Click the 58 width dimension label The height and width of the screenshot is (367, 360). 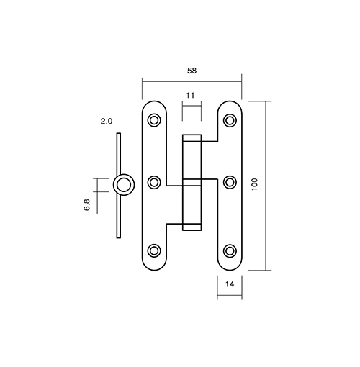click(192, 71)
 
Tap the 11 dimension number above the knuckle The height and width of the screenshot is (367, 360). click(190, 96)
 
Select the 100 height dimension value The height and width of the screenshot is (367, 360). click(255, 184)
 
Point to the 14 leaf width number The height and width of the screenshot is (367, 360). click(230, 284)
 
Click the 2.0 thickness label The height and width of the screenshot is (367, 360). click(107, 122)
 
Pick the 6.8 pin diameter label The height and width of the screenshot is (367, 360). click(86, 205)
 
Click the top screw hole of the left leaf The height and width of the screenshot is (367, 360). click(154, 120)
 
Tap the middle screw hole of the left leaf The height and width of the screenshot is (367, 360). click(154, 182)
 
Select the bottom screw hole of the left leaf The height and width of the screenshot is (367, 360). click(154, 250)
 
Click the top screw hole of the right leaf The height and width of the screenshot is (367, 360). click(230, 120)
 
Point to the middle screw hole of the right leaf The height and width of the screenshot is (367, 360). click(230, 182)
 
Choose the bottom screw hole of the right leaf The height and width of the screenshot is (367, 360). click(230, 250)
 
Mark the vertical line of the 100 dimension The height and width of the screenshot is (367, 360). click(266, 186)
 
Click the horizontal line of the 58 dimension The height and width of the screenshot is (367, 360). click(192, 82)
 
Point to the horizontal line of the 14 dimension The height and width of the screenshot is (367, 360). click(230, 295)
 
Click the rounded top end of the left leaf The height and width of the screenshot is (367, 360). click(154, 101)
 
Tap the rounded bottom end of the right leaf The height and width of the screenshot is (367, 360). click(230, 270)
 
